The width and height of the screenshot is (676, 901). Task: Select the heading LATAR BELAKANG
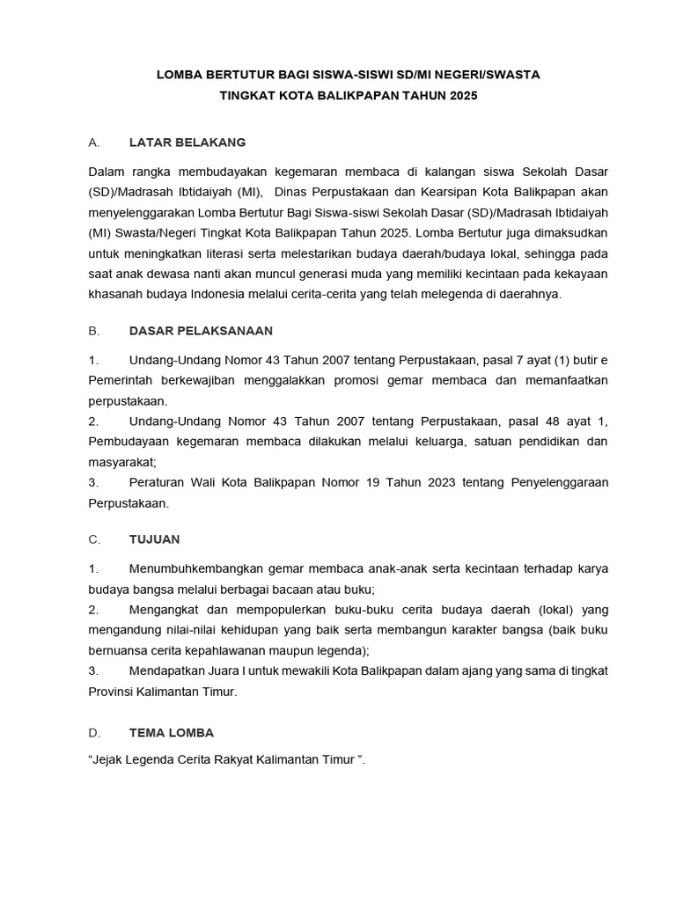[x=187, y=142]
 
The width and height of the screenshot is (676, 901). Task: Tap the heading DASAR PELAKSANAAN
[x=201, y=331]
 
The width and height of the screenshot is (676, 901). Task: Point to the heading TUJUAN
[x=154, y=538]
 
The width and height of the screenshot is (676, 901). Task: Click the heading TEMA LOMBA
[x=171, y=732]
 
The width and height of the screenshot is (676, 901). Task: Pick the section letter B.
[x=92, y=331]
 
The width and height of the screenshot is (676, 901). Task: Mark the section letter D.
[x=92, y=732]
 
